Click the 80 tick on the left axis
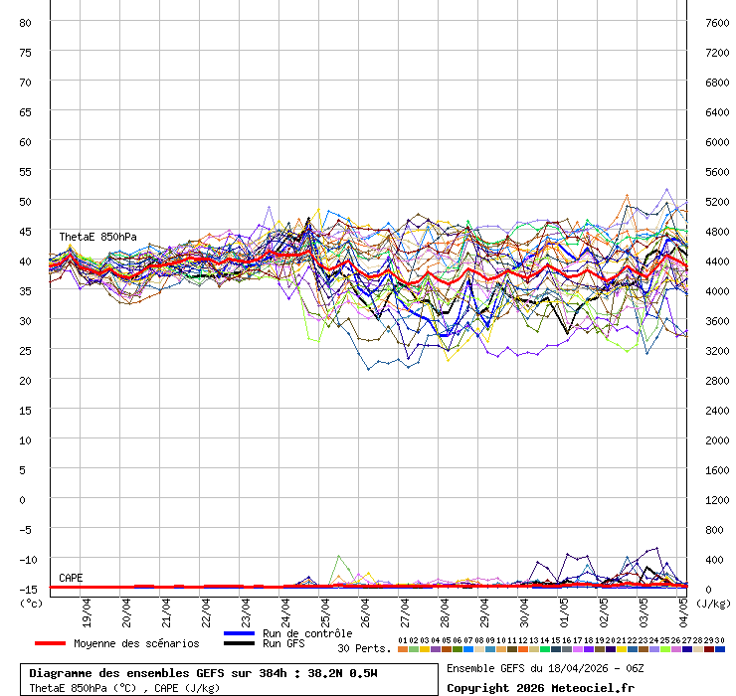pyautogui.click(x=26, y=22)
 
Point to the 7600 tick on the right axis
pyautogui.click(x=715, y=22)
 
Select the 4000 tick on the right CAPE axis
pyautogui.click(x=715, y=290)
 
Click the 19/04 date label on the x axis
pyautogui.click(x=88, y=609)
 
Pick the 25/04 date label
pyautogui.click(x=326, y=609)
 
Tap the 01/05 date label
pyautogui.click(x=565, y=609)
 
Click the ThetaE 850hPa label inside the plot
pyautogui.click(x=97, y=237)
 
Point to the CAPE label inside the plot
pyautogui.click(x=71, y=578)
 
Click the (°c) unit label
pyautogui.click(x=32, y=602)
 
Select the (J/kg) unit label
pyautogui.click(x=712, y=602)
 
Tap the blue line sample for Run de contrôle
pyautogui.click(x=239, y=633)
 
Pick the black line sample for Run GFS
pyautogui.click(x=239, y=643)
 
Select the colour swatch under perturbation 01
pyautogui.click(x=402, y=649)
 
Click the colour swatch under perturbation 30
pyautogui.click(x=719, y=649)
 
